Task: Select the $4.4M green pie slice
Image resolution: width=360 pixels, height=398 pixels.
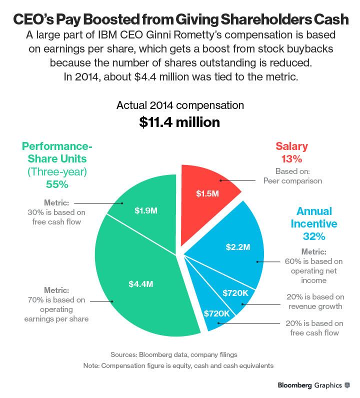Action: [x=145, y=280]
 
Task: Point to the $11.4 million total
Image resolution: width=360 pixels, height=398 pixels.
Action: [x=179, y=122]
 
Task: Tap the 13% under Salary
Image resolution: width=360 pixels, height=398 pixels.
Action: [x=291, y=159]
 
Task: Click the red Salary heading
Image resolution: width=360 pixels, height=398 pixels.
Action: [x=291, y=146]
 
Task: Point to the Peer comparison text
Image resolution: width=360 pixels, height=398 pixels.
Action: [x=292, y=180]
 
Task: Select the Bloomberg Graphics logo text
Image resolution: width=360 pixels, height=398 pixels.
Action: [x=309, y=385]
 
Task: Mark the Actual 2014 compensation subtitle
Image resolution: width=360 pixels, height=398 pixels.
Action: [x=180, y=105]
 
